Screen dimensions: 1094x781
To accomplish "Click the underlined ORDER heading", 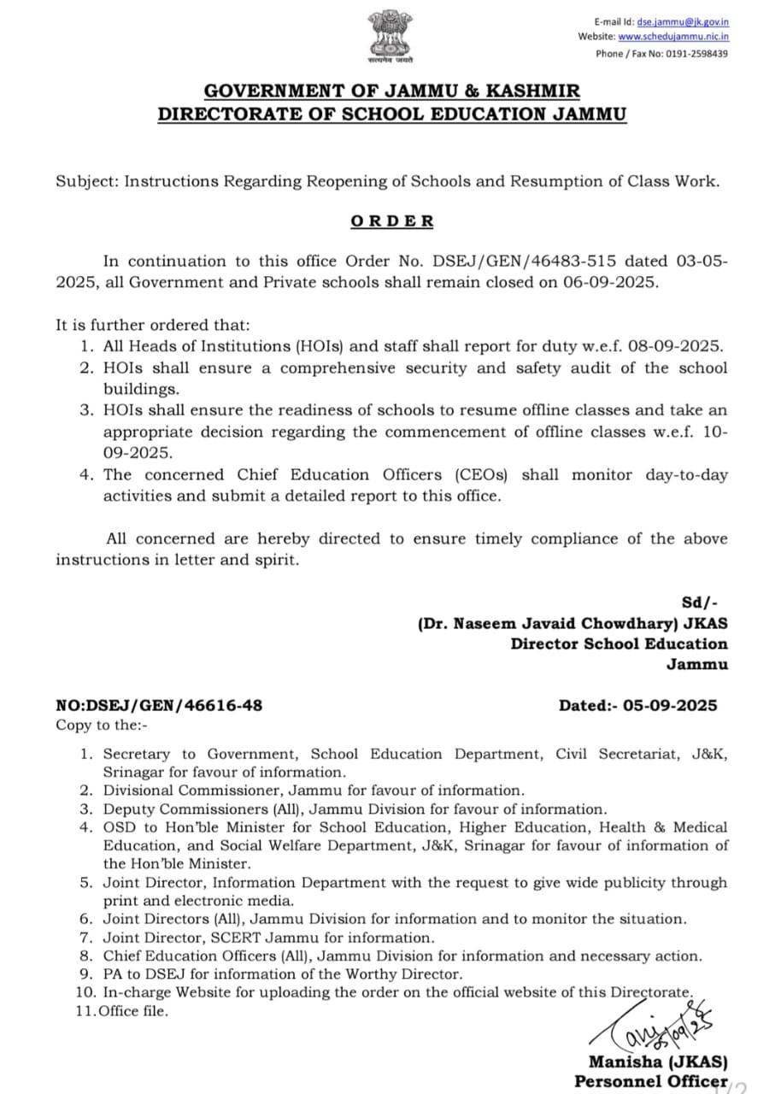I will point(392,221).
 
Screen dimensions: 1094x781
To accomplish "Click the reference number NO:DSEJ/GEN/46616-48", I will point(159,706).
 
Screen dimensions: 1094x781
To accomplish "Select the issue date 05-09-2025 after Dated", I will point(672,706).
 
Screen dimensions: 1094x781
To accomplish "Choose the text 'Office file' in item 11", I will point(134,1012).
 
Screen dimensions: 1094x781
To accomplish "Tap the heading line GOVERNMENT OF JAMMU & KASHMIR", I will point(392,91).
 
